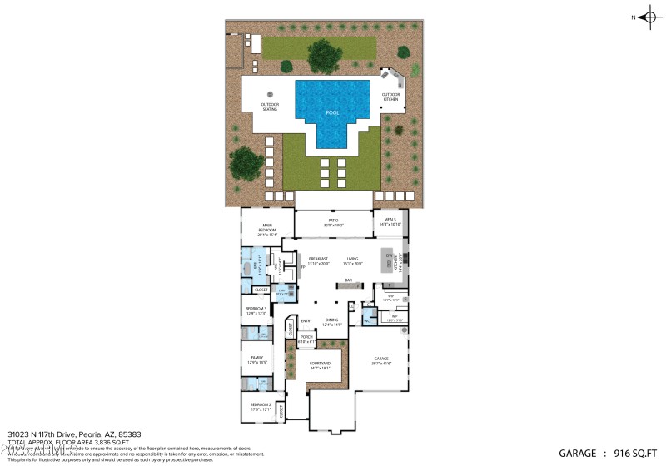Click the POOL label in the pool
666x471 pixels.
coord(332,112)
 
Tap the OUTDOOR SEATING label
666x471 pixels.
coord(270,107)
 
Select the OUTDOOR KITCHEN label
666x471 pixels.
coord(391,96)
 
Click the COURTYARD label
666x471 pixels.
coord(321,364)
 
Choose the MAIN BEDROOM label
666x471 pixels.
coord(267,226)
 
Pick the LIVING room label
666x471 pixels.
coord(352,260)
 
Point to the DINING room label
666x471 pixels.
coord(331,321)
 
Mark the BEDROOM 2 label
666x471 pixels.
coord(261,406)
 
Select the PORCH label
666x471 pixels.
coord(306,338)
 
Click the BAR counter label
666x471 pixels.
coord(348,280)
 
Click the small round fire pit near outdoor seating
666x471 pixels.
coord(270,93)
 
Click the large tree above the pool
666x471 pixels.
coord(324,55)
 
